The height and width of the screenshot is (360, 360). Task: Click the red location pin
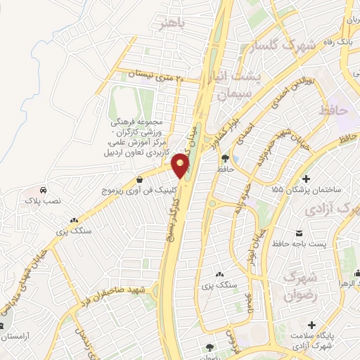(181, 166)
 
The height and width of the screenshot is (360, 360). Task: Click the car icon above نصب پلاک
(44, 191)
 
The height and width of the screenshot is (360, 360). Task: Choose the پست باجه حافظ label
(301, 243)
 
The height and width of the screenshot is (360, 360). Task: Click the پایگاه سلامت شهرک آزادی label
(312, 338)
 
